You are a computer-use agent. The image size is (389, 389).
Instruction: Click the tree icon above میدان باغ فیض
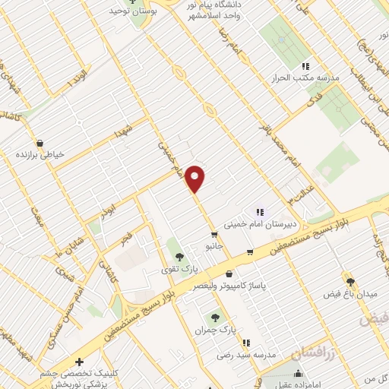tap(350, 281)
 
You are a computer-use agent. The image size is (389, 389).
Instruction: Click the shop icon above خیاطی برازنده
tap(40, 142)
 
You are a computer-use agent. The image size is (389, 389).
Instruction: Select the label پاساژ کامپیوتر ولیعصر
tap(231, 287)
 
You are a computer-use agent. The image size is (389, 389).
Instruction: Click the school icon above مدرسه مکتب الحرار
tap(305, 65)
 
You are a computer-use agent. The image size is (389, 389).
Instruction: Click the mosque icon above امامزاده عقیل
tap(299, 373)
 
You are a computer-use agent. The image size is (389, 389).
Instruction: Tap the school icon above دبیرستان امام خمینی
tap(259, 213)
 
